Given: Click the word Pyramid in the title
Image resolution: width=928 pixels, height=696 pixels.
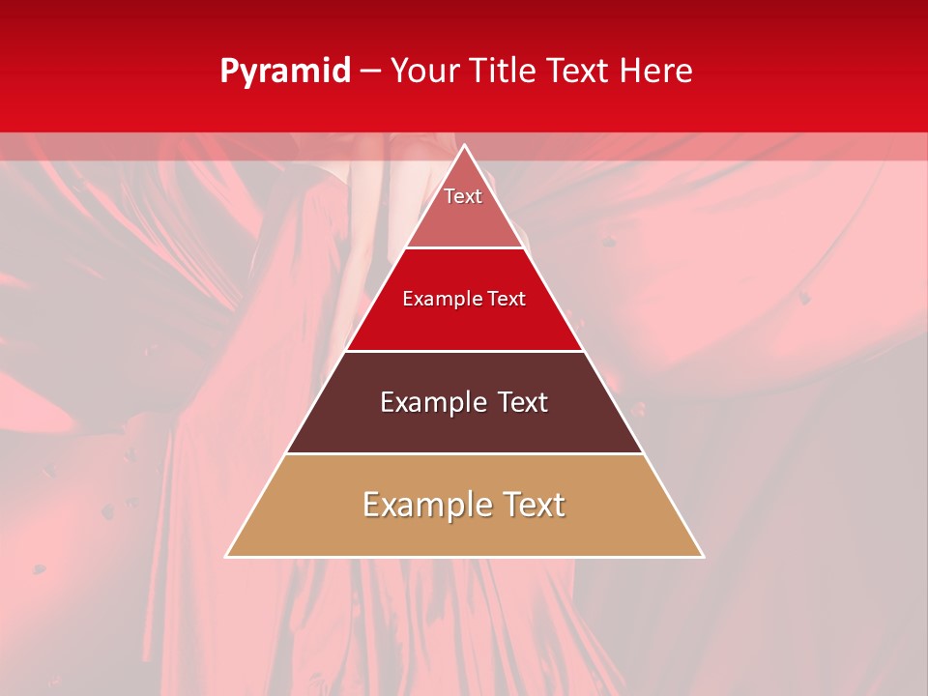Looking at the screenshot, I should coord(285,72).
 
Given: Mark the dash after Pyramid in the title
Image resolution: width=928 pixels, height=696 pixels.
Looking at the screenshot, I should coord(369,72).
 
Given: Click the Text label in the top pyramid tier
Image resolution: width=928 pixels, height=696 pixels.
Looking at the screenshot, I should coord(463,196).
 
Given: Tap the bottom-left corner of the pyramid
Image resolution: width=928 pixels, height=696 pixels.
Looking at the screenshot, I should coord(226,557).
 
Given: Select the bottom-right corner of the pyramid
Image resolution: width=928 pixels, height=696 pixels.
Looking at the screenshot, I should coord(703,557).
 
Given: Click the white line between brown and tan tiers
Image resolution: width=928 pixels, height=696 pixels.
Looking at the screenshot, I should coord(465,453).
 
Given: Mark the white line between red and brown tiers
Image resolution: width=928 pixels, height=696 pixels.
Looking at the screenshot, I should coord(465,351).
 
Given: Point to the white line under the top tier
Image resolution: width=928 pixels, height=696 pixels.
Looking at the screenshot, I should coord(465,248).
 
